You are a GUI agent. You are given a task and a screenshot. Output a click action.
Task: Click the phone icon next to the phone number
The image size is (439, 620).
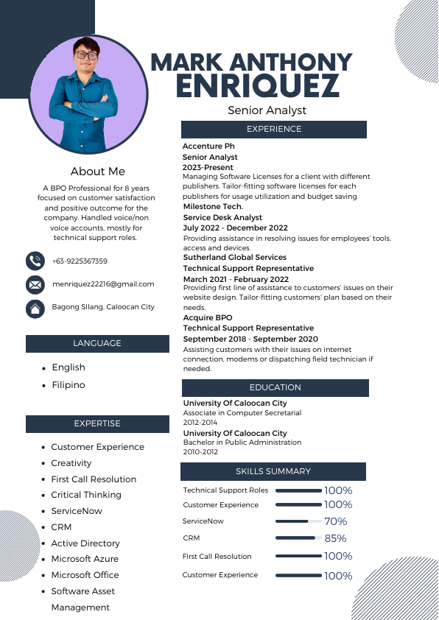(35, 261)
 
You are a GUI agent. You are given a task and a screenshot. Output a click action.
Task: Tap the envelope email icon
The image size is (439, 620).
(35, 284)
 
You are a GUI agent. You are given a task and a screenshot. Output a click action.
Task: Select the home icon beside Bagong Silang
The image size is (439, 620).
(35, 308)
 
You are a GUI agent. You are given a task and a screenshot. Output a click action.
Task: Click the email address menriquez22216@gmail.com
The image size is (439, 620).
(103, 284)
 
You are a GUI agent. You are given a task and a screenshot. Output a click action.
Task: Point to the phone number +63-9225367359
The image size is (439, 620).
(80, 261)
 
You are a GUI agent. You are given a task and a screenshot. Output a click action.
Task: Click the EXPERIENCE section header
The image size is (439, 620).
(274, 130)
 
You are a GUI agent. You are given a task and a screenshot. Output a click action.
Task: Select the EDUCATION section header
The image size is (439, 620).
(275, 387)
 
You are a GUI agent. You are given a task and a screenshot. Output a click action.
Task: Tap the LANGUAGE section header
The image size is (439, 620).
(96, 343)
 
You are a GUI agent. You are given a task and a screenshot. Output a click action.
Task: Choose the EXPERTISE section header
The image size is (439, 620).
(96, 423)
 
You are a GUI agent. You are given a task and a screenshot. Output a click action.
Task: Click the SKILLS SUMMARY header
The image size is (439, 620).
(273, 471)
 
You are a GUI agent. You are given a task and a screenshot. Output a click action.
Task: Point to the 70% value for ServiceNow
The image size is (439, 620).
(335, 521)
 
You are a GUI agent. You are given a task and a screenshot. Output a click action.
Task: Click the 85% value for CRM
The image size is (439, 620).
(335, 538)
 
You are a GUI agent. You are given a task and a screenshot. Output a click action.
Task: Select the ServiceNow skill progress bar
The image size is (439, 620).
(298, 521)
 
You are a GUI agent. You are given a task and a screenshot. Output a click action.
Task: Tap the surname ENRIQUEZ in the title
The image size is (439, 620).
(258, 86)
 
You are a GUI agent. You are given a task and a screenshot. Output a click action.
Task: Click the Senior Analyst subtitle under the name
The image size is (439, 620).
(267, 110)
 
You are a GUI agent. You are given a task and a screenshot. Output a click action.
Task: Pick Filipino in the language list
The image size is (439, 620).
(69, 385)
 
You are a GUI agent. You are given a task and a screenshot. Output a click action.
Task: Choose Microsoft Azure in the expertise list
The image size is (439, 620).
(85, 559)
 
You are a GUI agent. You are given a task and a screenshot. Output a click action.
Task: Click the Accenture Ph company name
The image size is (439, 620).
(208, 147)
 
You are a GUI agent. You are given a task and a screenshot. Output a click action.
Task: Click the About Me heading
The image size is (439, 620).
(98, 172)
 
